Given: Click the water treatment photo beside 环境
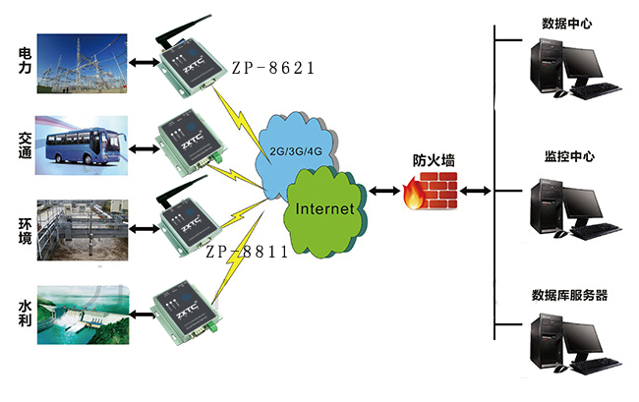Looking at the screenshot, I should pyautogui.click(x=83, y=230).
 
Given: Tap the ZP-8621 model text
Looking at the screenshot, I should pyautogui.click(x=272, y=69).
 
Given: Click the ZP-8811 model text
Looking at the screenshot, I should pyautogui.click(x=247, y=252).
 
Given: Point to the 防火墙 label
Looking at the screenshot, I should pyautogui.click(x=433, y=160).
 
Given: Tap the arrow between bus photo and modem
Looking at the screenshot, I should pyautogui.click(x=144, y=149).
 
